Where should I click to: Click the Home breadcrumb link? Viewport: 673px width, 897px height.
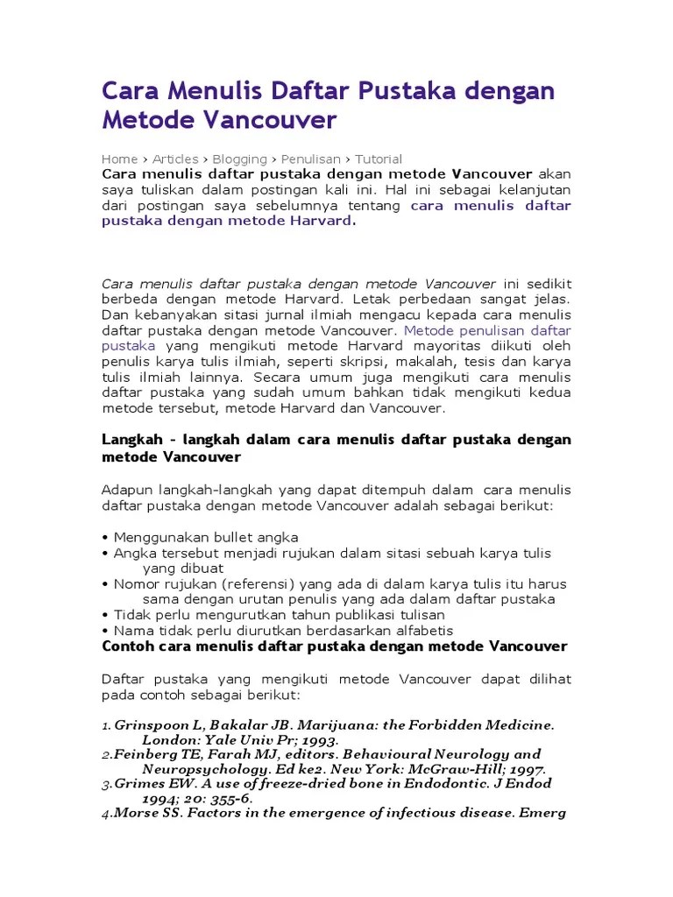point(119,159)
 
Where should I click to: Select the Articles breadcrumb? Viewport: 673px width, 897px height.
point(175,159)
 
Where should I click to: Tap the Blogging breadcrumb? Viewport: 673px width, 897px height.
point(239,159)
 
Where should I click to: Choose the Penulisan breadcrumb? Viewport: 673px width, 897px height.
point(311,159)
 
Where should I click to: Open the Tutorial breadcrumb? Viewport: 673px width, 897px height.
point(379,159)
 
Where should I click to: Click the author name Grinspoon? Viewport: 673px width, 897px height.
point(153,725)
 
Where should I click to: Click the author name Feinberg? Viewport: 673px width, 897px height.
point(144,754)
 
